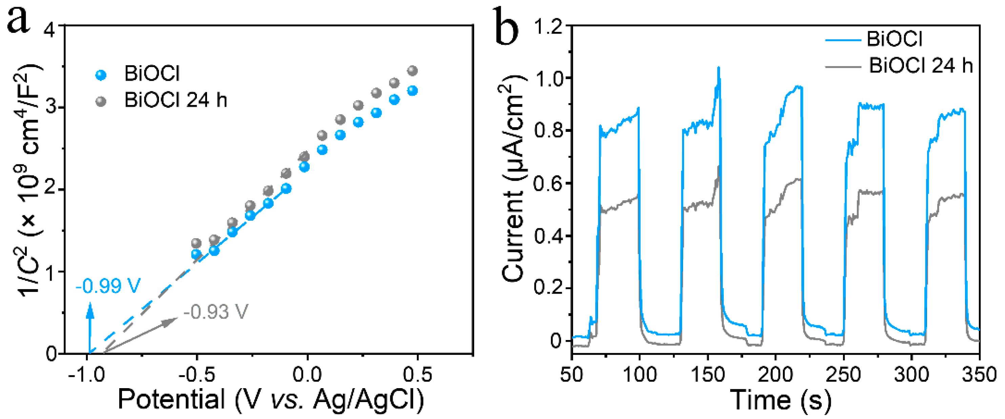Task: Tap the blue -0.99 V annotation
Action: click(108, 286)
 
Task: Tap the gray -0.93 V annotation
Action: click(216, 312)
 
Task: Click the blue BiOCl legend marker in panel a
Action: click(101, 75)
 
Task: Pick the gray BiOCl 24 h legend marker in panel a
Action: click(101, 101)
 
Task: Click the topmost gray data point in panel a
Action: click(412, 71)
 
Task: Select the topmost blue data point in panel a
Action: click(412, 91)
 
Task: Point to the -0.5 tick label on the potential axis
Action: click(197, 375)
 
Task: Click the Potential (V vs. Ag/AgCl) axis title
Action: click(271, 399)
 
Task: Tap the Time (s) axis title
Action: click(780, 400)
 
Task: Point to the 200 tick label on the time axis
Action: click(775, 375)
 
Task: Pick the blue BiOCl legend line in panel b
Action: click(843, 40)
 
